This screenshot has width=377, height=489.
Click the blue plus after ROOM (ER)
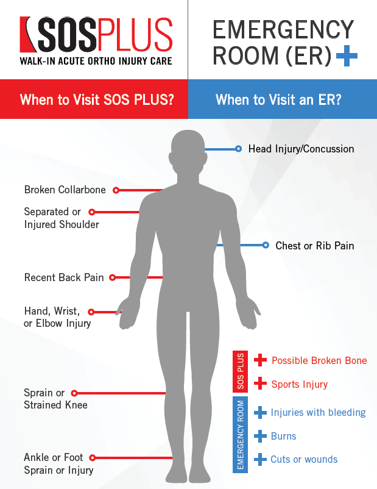[x=347, y=56]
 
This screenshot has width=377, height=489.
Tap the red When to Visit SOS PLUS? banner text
[x=97, y=100]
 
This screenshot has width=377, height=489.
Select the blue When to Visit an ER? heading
[x=278, y=100]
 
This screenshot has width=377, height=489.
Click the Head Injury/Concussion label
[x=301, y=149]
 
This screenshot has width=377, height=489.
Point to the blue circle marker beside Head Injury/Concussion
[x=238, y=149]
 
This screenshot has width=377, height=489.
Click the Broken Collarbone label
[x=65, y=190]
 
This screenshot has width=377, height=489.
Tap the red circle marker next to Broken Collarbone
[x=116, y=190]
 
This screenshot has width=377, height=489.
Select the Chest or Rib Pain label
[x=315, y=246]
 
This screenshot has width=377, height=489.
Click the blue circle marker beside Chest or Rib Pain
[x=266, y=245]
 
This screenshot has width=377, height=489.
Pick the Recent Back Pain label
[x=64, y=277]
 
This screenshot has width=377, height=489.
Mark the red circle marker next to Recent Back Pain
[x=113, y=277]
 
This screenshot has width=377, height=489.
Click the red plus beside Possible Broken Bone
[x=260, y=360]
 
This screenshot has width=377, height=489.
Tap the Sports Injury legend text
[x=300, y=384]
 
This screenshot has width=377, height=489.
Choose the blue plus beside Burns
[x=260, y=436]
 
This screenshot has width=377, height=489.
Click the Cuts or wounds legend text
[x=304, y=459]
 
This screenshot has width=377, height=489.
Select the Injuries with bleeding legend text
[x=318, y=412]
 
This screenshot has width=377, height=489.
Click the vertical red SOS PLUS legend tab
[x=240, y=371]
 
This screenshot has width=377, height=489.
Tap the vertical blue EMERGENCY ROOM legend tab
[x=240, y=435]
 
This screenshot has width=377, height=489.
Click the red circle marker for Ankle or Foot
[x=92, y=458]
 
